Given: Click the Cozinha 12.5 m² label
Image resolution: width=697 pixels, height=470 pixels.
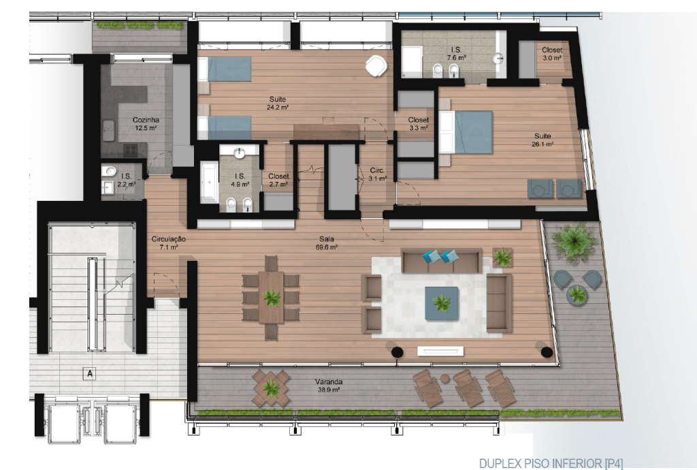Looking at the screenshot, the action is click(146, 124).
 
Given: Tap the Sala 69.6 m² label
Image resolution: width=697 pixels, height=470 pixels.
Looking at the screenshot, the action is click(327, 242).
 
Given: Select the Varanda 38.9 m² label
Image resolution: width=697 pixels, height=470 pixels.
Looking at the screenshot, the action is click(329, 386).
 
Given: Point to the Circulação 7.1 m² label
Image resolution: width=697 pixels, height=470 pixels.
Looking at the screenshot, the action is click(169, 242).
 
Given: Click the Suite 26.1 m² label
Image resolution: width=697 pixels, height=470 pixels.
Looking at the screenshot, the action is click(542, 140).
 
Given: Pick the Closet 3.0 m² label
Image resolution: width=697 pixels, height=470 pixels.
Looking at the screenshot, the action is click(552, 54).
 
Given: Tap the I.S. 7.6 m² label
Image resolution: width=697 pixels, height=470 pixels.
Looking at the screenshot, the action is click(456, 54).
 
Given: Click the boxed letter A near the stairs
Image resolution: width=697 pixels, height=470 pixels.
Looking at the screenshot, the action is click(90, 373).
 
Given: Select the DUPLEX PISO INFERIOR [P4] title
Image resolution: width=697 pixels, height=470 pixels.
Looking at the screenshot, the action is click(551, 463).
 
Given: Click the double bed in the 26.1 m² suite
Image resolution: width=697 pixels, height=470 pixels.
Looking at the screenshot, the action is click(466, 132).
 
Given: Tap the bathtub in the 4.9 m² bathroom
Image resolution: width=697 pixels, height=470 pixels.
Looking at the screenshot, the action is click(209, 183).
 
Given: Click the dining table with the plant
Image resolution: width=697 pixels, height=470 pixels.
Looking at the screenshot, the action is click(271, 297).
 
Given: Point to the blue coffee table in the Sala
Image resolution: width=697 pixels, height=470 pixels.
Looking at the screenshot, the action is click(441, 303).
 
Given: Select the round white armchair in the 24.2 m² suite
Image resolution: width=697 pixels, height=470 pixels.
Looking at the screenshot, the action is click(376, 66).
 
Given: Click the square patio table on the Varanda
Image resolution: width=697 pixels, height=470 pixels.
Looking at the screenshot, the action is click(271, 388).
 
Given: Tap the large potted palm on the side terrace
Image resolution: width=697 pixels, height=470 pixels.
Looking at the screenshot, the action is click(574, 241).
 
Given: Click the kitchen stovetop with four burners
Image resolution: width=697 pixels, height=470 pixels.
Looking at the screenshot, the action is click(130, 151).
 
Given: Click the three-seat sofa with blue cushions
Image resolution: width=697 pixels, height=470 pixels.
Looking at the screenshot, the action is click(442, 261).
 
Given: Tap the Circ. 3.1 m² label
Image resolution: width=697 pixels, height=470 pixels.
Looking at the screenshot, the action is click(377, 174).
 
